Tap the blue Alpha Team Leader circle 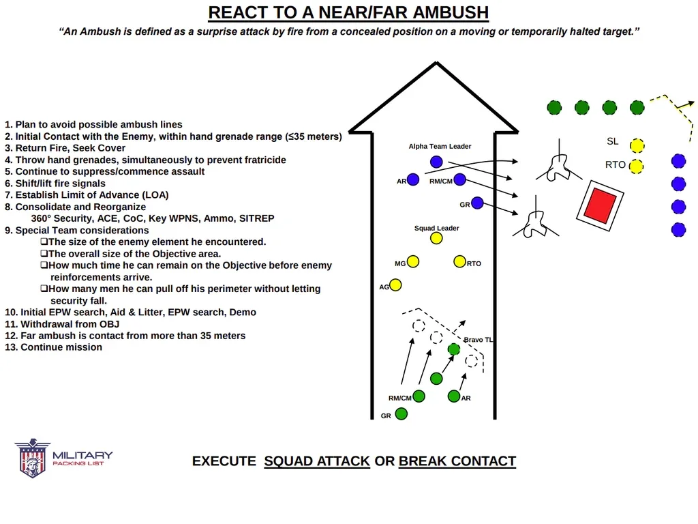[x=436, y=162]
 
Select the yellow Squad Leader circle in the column [x=436, y=238]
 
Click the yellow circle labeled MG [x=413, y=262]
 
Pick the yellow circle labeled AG [x=395, y=285]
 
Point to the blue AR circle [x=413, y=180]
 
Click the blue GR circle [x=477, y=203]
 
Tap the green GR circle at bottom [x=401, y=413]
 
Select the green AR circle [x=454, y=396]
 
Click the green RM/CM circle [x=419, y=396]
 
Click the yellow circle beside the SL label [x=637, y=145]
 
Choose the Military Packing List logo [x=63, y=458]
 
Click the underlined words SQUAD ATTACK [x=317, y=461]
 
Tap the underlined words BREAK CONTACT [x=457, y=461]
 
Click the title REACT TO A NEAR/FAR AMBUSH [x=348, y=12]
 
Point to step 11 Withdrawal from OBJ [x=62, y=324]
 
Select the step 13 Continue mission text [x=54, y=347]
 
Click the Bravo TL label [x=479, y=340]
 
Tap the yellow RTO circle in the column [x=459, y=262]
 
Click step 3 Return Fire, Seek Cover [x=65, y=148]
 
